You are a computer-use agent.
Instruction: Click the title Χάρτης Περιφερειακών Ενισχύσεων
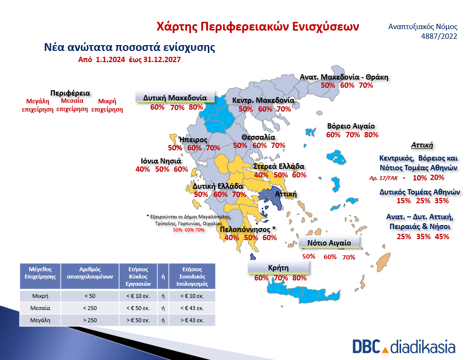pos(258,27)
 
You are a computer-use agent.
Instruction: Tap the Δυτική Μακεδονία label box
pos(175,97)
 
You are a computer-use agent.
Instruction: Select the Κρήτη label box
pos(278,267)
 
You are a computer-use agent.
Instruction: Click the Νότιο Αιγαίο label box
pos(329,243)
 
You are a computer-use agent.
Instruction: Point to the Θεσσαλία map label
pos(258,137)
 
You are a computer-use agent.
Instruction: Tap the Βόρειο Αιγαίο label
pos(351,126)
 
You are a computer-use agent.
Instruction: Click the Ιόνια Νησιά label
pos(161,161)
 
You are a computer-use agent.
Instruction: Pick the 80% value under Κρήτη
pos(299,278)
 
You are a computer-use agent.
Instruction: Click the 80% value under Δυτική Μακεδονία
pos(196,107)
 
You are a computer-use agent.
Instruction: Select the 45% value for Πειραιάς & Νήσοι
pos(442,237)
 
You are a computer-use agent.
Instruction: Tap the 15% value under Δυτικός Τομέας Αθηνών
pos(404,200)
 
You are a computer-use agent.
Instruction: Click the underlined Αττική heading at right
pos(422,145)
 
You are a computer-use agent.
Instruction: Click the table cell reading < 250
pos(90,308)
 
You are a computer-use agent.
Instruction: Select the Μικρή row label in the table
pos(40,296)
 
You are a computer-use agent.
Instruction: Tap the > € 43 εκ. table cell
pos(192,320)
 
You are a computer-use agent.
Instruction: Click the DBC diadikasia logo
pos(404,347)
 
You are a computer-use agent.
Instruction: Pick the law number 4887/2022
pos(439,36)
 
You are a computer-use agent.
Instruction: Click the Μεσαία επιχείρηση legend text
pos(72,105)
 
